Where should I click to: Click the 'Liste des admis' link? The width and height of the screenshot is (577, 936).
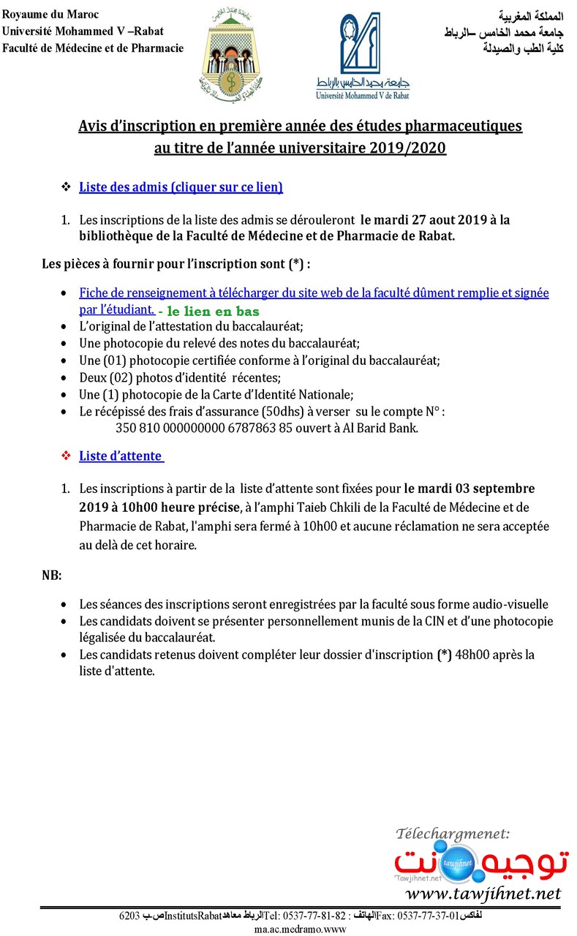(181, 187)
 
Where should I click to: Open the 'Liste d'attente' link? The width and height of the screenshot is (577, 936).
(121, 456)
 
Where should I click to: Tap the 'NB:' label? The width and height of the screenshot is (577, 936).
(51, 575)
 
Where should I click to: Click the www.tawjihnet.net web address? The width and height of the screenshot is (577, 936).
(483, 894)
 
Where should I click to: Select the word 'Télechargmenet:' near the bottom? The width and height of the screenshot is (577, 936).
(453, 834)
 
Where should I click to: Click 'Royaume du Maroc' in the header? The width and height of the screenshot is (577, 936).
(50, 15)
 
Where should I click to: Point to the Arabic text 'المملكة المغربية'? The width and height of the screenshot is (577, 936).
(531, 15)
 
